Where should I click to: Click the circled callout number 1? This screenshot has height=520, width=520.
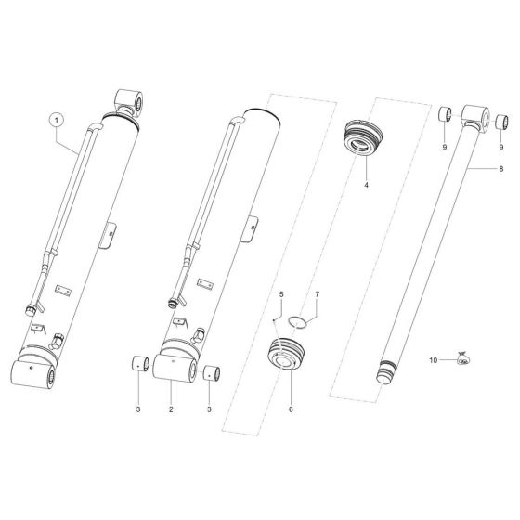[x=57, y=120]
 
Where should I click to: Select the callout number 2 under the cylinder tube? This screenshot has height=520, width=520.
[x=171, y=409]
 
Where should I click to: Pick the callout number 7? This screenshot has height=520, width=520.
[x=316, y=296]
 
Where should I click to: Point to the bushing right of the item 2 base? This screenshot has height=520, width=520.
[x=211, y=371]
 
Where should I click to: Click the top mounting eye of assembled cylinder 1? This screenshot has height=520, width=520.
[x=128, y=98]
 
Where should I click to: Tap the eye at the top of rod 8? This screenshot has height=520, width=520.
[x=474, y=115]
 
